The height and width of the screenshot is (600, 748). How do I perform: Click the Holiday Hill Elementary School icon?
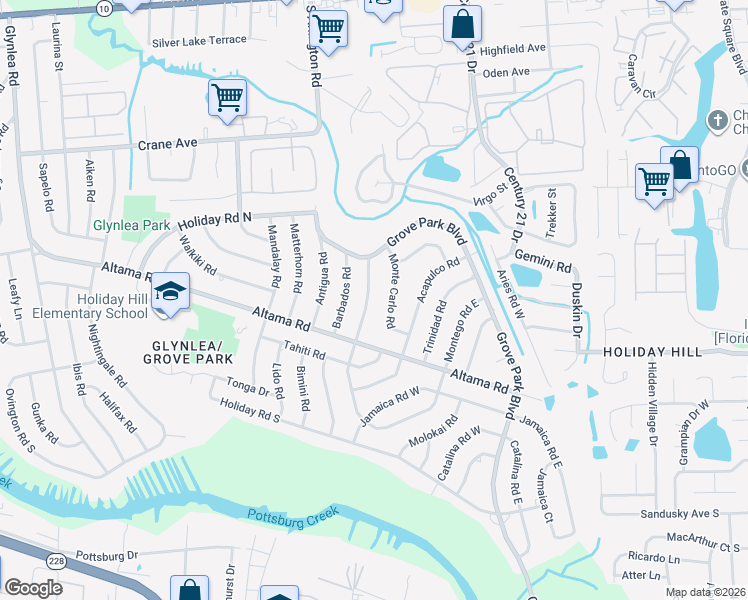(x=171, y=290)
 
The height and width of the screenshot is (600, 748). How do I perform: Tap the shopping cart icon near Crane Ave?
(x=227, y=98)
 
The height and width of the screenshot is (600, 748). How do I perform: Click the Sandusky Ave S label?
(x=680, y=514)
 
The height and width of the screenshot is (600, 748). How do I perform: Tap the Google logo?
(x=33, y=588)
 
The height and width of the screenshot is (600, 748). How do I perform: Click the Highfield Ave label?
(x=513, y=48)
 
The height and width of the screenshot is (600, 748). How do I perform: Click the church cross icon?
(x=716, y=121)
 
